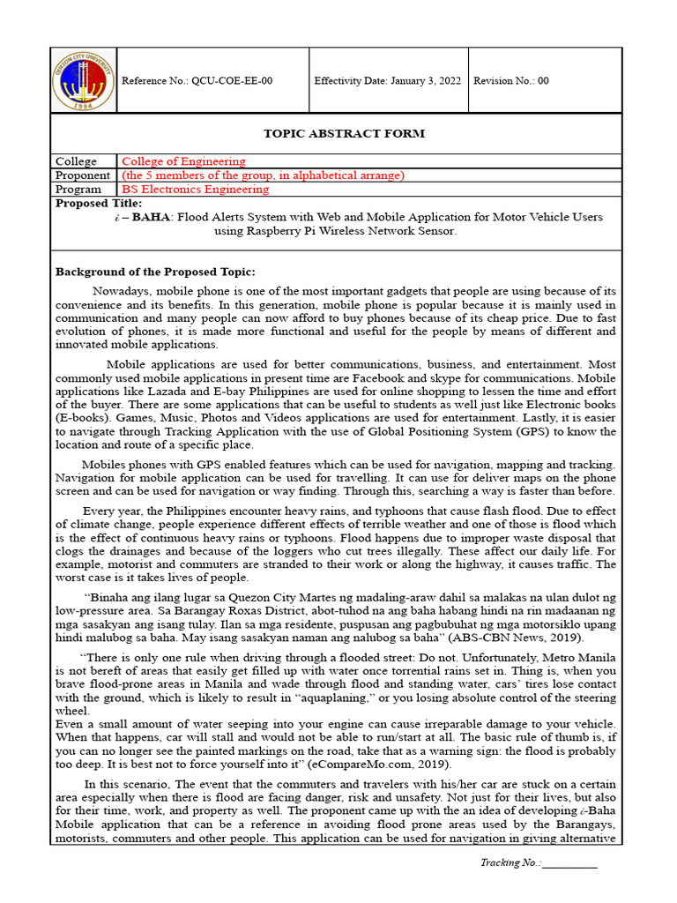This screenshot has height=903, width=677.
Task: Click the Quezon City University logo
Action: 84,80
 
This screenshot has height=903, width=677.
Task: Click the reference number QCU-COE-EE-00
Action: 197,81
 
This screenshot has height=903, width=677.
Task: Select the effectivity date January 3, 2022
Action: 387,81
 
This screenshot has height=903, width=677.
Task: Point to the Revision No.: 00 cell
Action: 511,81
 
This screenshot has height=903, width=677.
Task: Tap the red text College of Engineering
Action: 183,161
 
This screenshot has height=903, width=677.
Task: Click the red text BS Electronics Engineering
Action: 195,190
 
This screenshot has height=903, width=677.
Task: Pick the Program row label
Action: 78,190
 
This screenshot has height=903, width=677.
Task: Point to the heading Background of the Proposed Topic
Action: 155,272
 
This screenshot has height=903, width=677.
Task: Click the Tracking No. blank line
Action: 569,863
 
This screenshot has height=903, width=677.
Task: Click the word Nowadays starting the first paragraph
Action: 122,290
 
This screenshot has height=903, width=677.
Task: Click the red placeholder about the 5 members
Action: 263,175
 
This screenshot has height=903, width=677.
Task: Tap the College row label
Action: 76,161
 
